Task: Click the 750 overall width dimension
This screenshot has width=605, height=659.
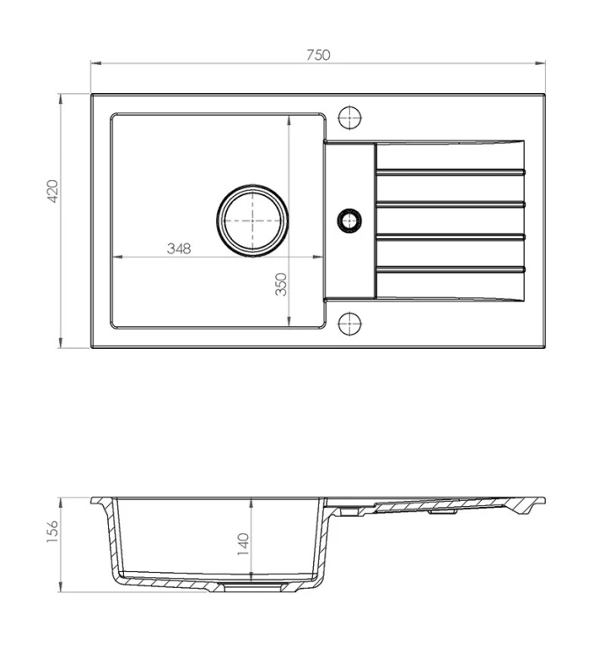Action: [x=318, y=55]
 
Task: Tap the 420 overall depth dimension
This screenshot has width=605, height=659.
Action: [x=53, y=192]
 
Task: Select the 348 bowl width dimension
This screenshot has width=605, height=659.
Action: [x=179, y=249]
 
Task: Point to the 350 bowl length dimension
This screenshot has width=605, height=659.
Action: [x=281, y=285]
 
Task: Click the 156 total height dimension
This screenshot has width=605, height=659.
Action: [x=53, y=532]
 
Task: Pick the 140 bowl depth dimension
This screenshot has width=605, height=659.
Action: [x=244, y=544]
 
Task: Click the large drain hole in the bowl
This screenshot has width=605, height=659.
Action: [x=252, y=221]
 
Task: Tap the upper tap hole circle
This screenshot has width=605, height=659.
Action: [x=350, y=117]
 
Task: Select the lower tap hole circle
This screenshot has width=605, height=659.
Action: [x=350, y=323]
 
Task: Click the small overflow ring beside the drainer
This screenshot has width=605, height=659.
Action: [x=350, y=221]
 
